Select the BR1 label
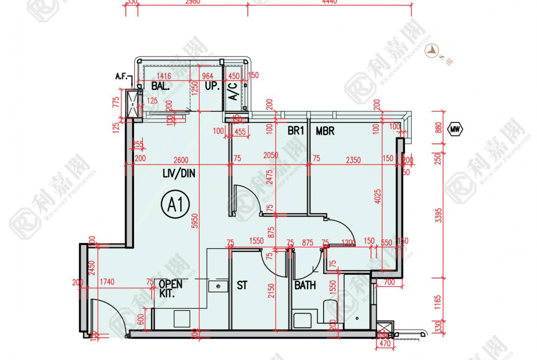click(296, 131)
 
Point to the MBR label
click(325, 131)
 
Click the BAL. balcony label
click(161, 86)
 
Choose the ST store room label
click(242, 285)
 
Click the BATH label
click(305, 285)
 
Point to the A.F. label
click(122, 77)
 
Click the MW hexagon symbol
click(455, 129)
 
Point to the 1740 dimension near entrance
click(106, 282)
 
